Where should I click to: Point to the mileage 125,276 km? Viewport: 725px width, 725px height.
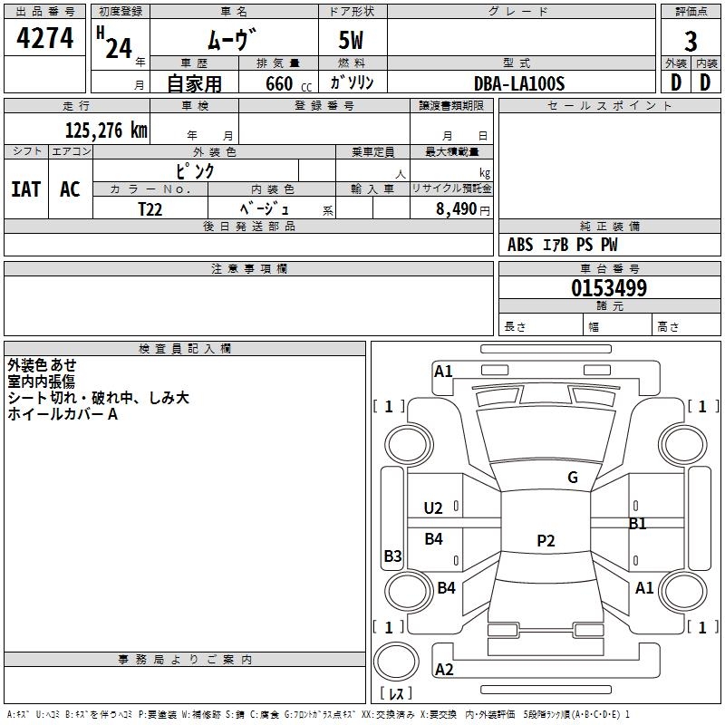(x=106, y=130)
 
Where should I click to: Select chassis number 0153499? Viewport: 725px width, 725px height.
(x=608, y=289)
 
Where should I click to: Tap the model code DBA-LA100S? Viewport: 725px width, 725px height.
(x=519, y=83)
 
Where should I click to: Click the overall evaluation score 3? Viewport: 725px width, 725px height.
(x=691, y=42)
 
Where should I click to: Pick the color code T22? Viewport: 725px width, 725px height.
(x=150, y=208)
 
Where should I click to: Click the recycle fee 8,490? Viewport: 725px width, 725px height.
(x=457, y=209)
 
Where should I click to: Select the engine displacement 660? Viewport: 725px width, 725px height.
(x=279, y=83)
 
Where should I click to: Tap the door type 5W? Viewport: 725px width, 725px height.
(x=353, y=42)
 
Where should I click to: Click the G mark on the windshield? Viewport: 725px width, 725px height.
(x=573, y=478)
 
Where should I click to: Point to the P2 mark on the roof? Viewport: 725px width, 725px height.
(x=546, y=541)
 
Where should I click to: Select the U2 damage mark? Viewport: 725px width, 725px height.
(x=434, y=508)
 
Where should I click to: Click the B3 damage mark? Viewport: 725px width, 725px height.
(x=392, y=556)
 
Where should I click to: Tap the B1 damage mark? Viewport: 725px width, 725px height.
(x=638, y=524)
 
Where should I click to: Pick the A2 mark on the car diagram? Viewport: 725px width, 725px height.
(x=444, y=670)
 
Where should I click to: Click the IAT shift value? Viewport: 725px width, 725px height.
(x=25, y=189)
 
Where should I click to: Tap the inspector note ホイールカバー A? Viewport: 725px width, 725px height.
(x=63, y=414)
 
